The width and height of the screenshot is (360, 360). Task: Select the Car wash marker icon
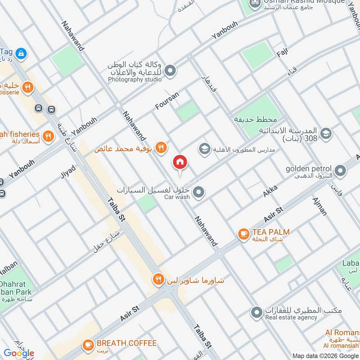click(199, 193)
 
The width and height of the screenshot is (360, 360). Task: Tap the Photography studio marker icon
click(170, 71)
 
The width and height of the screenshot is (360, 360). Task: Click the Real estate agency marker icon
click(256, 312)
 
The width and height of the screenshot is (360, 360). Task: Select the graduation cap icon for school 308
click(326, 133)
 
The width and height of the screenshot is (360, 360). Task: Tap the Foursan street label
click(167, 100)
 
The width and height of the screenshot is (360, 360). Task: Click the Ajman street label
click(319, 206)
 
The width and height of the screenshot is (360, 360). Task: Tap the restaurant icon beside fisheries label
click(48, 135)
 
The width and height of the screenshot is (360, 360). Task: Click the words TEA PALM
click(270, 232)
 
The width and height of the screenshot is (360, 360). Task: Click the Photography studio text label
click(135, 80)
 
